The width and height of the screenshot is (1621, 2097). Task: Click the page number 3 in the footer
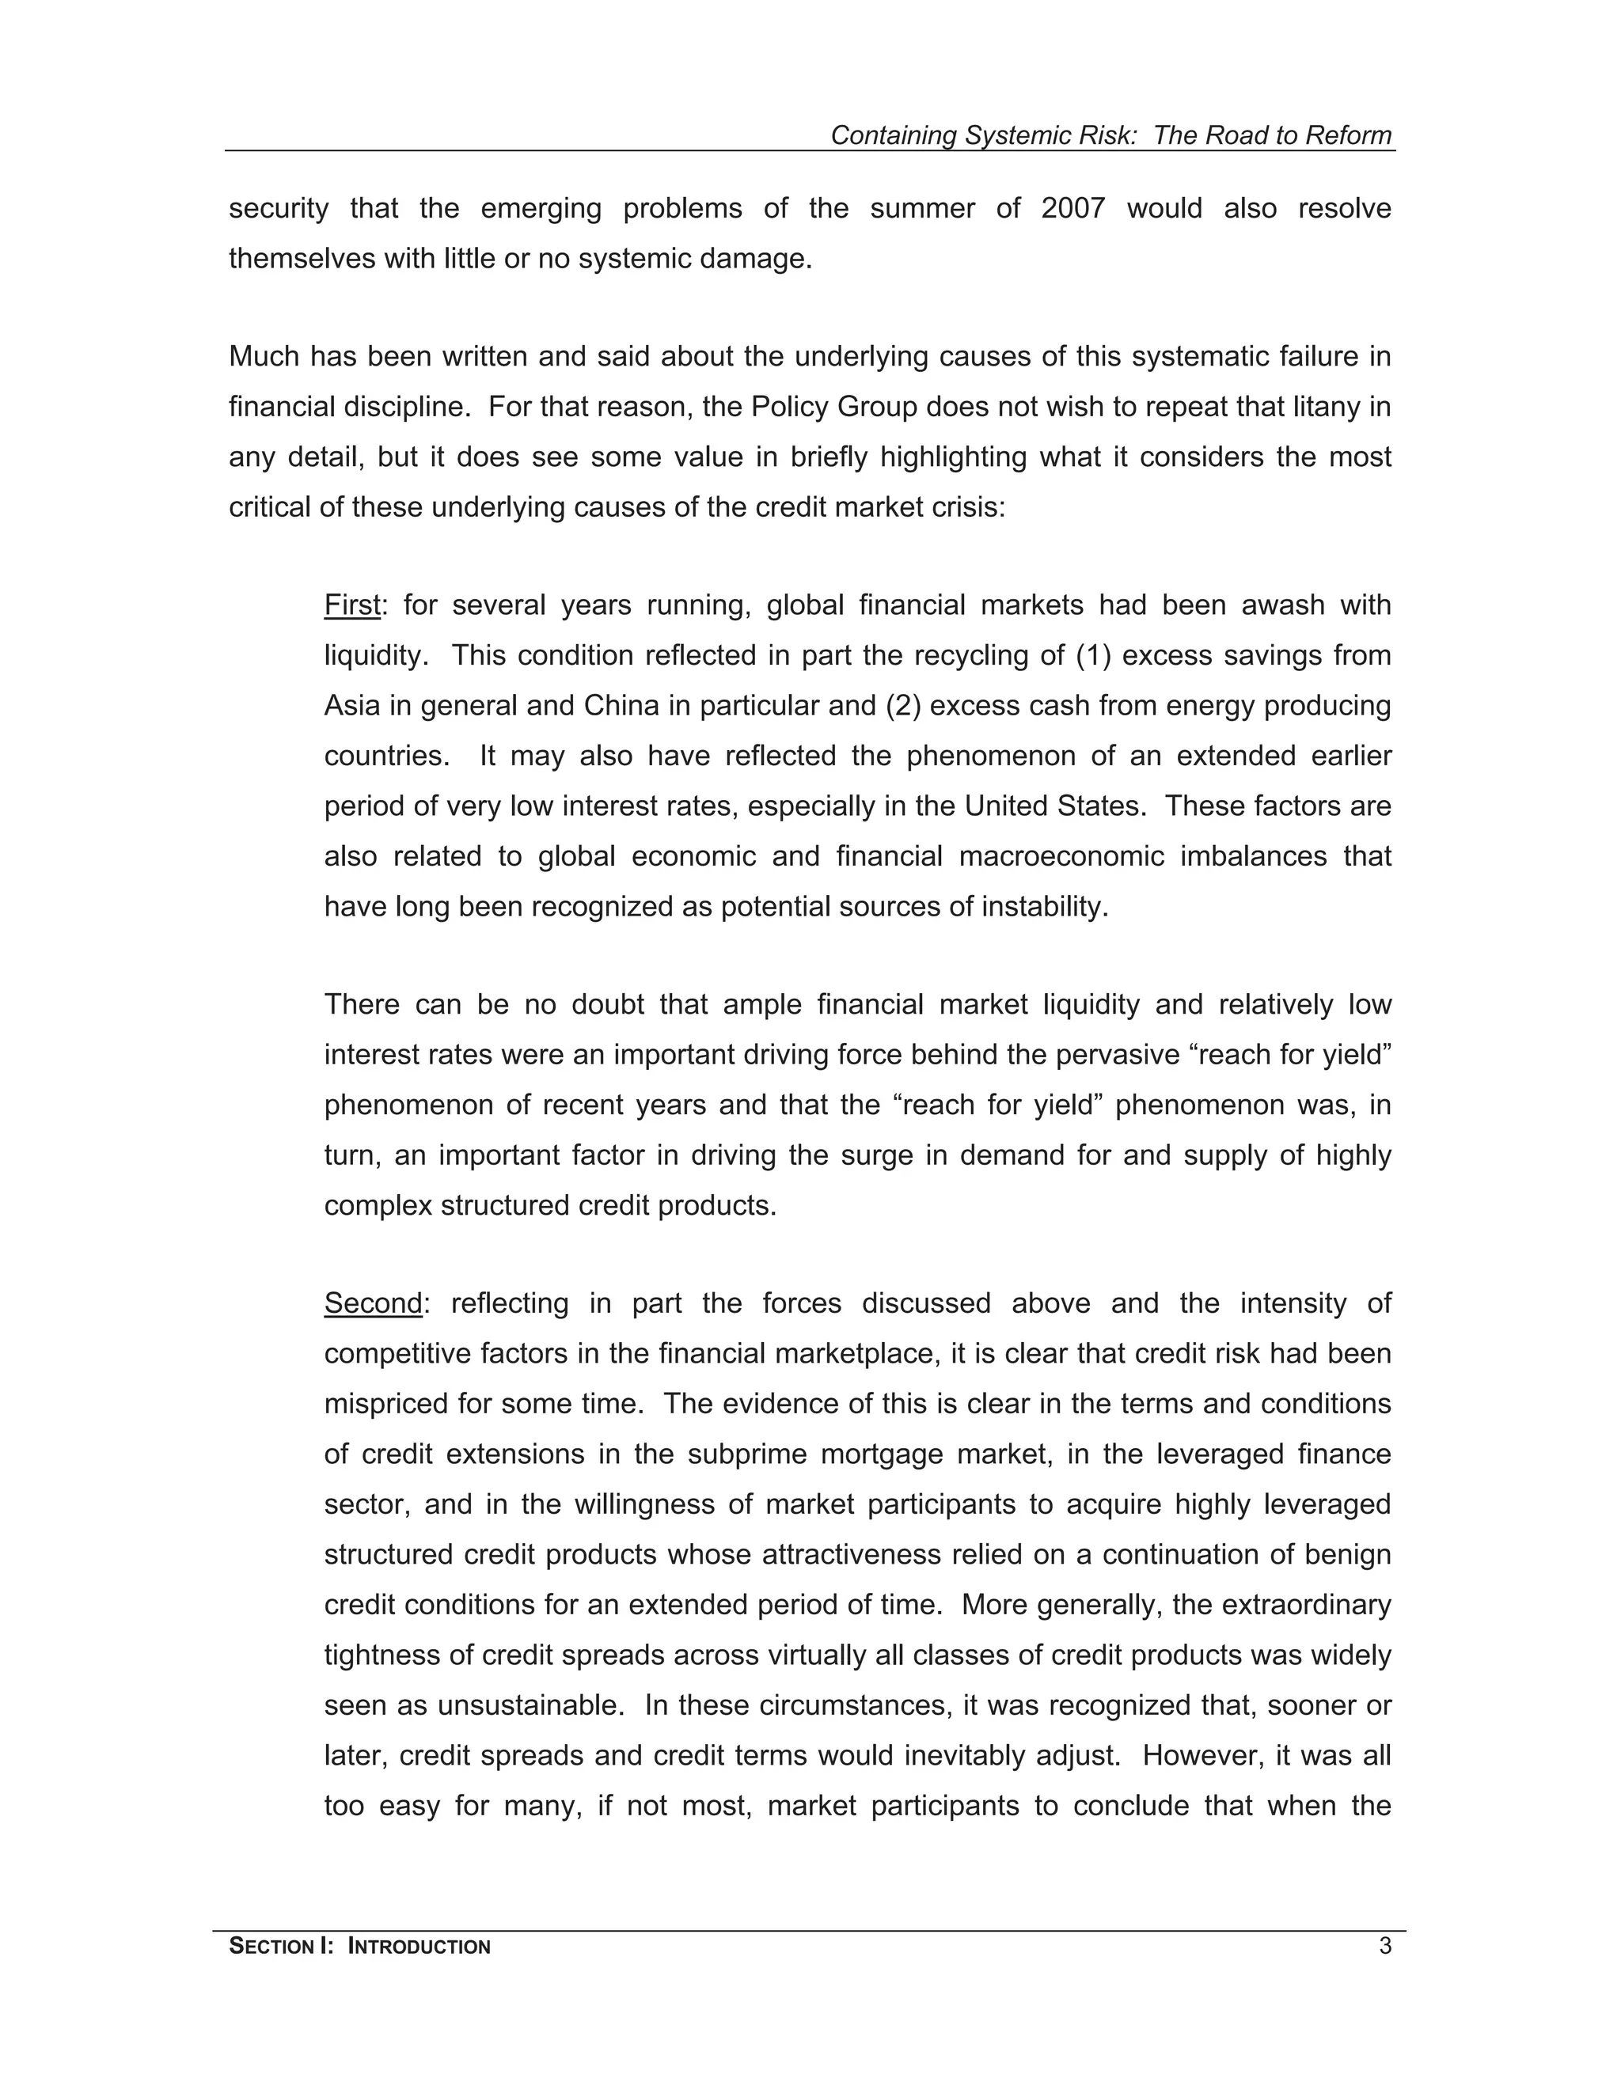click(x=1384, y=1947)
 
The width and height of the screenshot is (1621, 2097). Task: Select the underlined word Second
click(x=373, y=1304)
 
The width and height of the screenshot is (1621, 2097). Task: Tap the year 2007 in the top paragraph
click(x=1072, y=208)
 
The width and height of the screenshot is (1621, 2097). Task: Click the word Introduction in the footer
click(x=419, y=1947)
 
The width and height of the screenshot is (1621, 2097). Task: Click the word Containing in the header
click(x=893, y=135)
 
